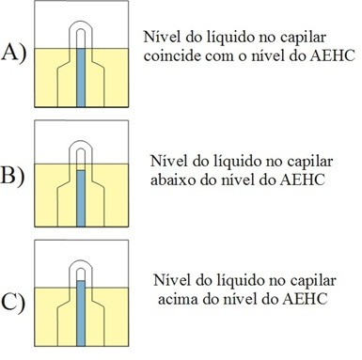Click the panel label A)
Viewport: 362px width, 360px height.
click(x=14, y=53)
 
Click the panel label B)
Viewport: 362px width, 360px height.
click(x=12, y=176)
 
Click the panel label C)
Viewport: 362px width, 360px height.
click(x=13, y=303)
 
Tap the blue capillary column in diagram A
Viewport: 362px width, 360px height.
click(x=81, y=78)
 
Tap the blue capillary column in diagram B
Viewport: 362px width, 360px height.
click(x=81, y=198)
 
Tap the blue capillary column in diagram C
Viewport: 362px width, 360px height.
click(x=81, y=313)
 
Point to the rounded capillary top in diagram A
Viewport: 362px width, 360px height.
click(x=81, y=23)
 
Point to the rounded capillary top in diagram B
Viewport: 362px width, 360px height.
click(x=81, y=142)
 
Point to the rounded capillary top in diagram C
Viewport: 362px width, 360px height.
click(x=81, y=261)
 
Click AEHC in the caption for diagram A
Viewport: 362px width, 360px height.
click(x=333, y=55)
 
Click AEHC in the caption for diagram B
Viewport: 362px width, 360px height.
click(x=303, y=180)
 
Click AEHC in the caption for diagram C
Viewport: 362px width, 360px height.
click(x=305, y=299)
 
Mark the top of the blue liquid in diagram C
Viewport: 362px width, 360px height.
click(x=81, y=281)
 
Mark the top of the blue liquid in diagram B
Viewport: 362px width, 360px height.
click(x=81, y=170)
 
